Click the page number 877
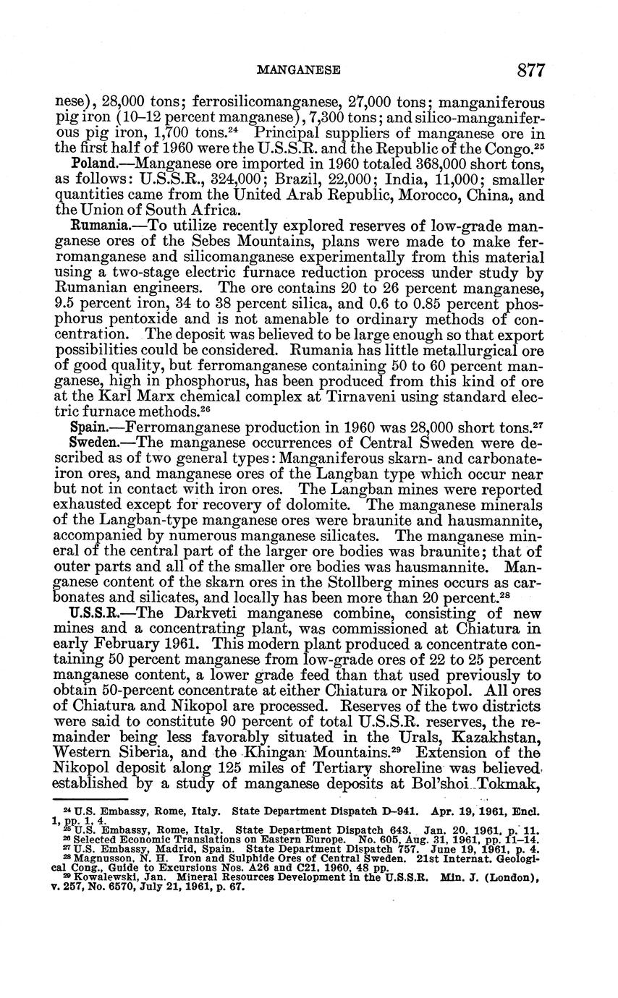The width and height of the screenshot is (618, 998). (530, 69)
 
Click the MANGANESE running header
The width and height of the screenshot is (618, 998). (299, 70)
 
